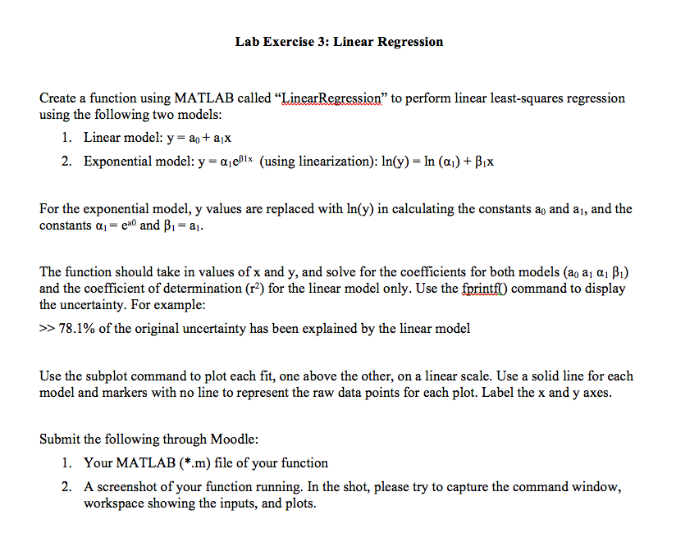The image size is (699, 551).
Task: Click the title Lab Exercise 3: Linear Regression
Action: coord(339,42)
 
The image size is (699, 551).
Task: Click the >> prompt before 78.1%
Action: coord(47,329)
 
